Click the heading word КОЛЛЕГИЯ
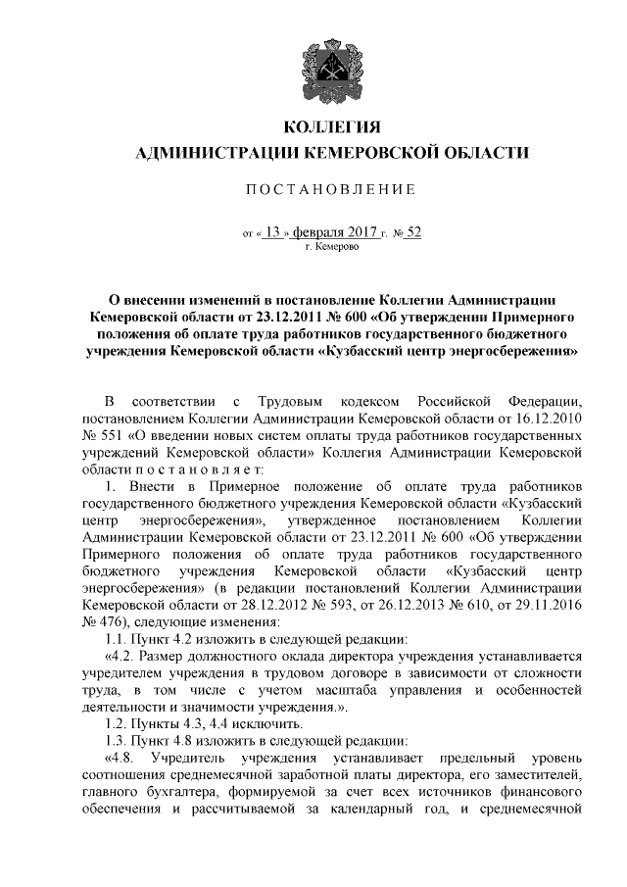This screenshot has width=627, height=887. click(330, 128)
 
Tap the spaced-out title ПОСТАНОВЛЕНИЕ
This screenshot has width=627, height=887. click(330, 188)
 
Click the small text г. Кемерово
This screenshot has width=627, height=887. click(332, 249)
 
